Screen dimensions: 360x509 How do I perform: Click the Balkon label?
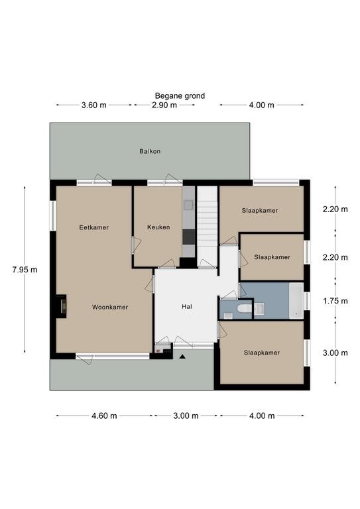click(150, 151)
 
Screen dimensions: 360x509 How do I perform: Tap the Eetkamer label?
click(94, 227)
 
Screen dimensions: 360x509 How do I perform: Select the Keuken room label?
click(158, 227)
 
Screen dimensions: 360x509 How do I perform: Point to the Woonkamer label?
click(110, 307)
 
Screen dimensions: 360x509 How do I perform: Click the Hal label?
click(187, 306)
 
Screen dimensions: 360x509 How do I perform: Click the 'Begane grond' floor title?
click(180, 95)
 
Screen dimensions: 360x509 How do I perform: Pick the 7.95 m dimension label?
click(25, 270)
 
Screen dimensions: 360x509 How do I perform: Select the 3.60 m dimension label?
click(94, 105)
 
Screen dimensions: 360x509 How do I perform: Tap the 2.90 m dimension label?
click(164, 105)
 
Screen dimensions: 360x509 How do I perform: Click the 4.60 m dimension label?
click(104, 416)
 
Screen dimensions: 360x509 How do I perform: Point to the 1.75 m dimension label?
click(335, 301)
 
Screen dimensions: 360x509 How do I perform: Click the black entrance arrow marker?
click(182, 357)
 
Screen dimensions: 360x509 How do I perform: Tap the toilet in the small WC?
click(245, 308)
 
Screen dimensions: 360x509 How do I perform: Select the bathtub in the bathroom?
click(296, 301)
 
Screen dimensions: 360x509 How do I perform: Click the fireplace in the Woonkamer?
click(61, 306)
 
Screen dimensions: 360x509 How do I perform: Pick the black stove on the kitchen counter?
click(188, 237)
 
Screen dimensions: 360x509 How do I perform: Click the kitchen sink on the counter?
click(188, 205)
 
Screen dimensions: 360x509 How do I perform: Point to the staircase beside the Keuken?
click(207, 227)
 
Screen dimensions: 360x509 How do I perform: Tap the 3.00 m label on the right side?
click(335, 353)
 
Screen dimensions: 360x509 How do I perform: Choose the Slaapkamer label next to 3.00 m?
click(262, 353)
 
